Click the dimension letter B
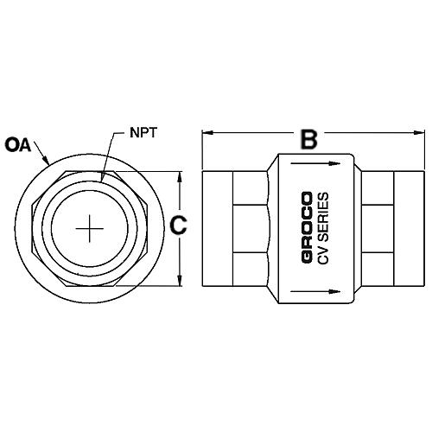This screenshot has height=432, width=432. (x=307, y=137)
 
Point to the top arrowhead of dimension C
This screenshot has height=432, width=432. (x=179, y=176)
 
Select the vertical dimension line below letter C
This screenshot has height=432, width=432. (x=179, y=259)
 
